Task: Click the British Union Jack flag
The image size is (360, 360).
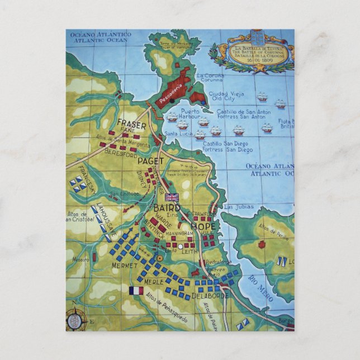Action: click(x=172, y=197)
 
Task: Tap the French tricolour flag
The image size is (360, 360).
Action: click(x=136, y=291)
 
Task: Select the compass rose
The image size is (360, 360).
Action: click(x=74, y=320)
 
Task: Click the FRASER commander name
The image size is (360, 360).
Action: click(x=132, y=124)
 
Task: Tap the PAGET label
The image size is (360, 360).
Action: click(x=150, y=161)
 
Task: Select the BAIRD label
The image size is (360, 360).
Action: click(x=167, y=209)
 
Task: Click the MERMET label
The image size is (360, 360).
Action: click(x=124, y=264)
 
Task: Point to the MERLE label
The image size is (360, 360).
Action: click(x=154, y=282)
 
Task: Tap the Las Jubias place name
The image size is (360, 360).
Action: click(x=235, y=207)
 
